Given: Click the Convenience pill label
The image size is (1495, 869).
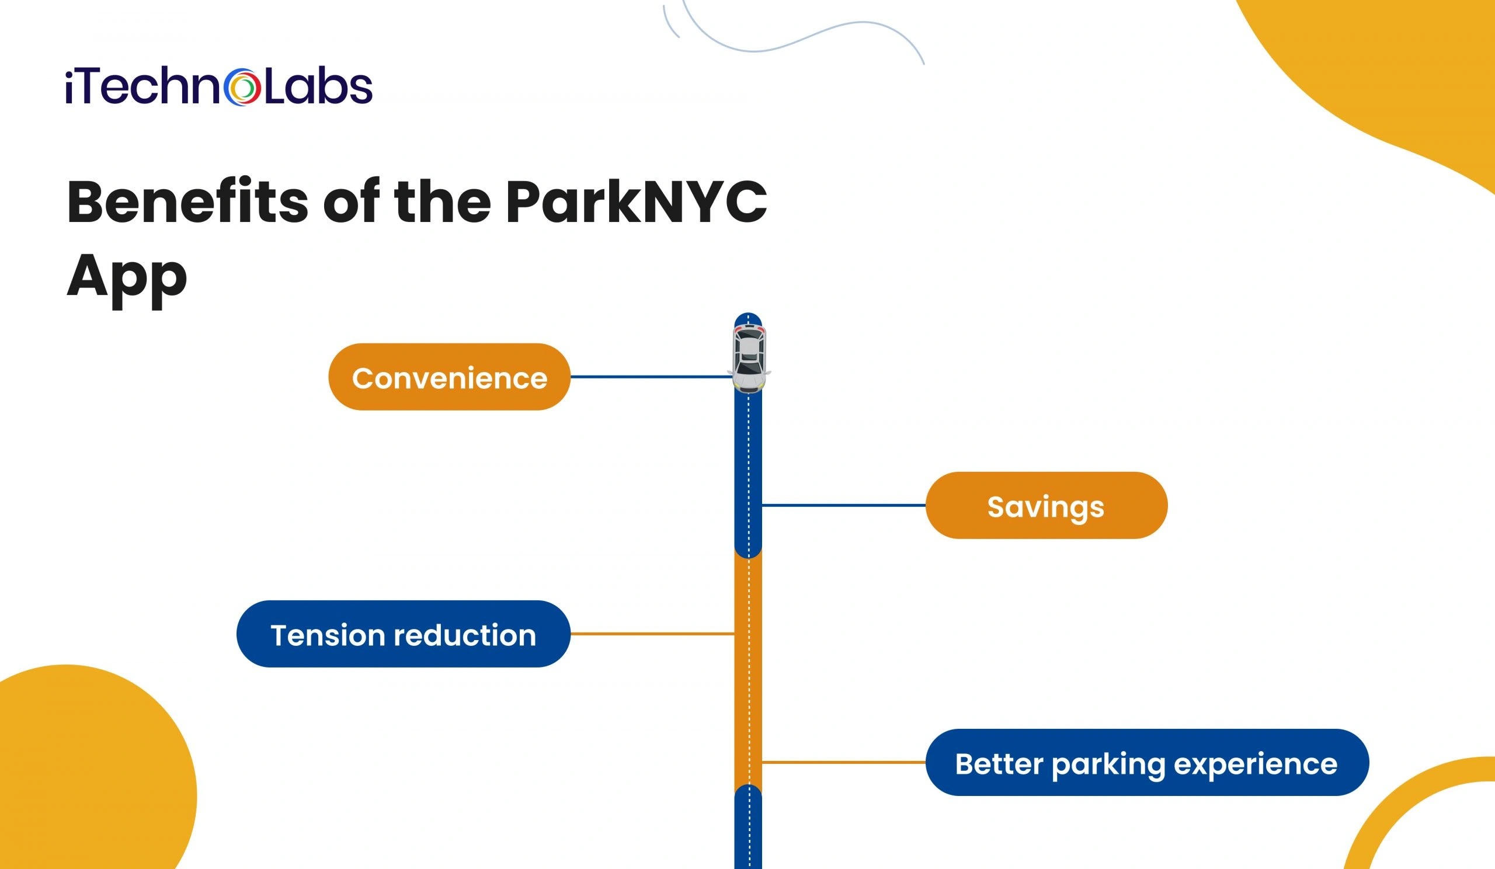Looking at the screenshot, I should [449, 377].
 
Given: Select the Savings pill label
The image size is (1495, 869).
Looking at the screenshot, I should [1046, 506].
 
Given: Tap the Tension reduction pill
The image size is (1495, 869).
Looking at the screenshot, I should [403, 634].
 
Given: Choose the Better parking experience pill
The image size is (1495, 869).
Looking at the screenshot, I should [1147, 763].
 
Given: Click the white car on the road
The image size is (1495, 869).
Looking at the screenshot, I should [749, 358].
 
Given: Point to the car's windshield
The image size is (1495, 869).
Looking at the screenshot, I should [749, 369].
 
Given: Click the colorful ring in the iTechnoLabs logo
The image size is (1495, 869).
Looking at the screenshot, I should [242, 87].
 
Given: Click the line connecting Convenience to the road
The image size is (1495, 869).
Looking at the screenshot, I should [651, 377].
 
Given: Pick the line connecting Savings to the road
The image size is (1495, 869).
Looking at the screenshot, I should [843, 505].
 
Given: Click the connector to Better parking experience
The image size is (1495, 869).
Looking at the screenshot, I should [843, 762].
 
